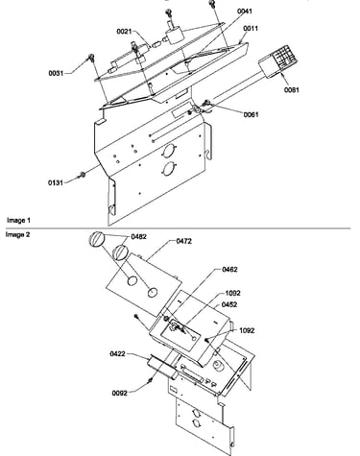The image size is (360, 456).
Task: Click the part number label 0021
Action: tap(124, 32)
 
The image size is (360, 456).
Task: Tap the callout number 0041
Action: tap(245, 12)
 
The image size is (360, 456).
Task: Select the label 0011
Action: tap(251, 29)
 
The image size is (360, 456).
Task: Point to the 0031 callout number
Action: tap(56, 73)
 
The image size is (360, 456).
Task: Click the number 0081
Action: tap(292, 90)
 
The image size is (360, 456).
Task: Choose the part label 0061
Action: tap(251, 114)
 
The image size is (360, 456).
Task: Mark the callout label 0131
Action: tap(56, 182)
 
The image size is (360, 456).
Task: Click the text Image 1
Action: tap(18, 220)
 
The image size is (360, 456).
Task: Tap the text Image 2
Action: tap(17, 234)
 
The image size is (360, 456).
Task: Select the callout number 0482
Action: tap(139, 237)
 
